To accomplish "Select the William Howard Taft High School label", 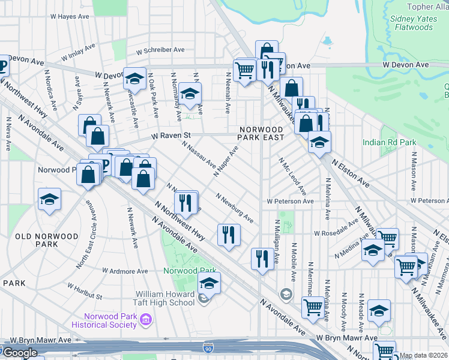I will (x=165, y=298).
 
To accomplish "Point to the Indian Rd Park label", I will (x=389, y=143).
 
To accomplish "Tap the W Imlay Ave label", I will (x=78, y=52).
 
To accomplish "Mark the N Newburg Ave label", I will (x=235, y=208).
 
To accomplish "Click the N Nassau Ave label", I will (x=198, y=155).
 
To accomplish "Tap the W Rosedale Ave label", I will (x=336, y=230).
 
